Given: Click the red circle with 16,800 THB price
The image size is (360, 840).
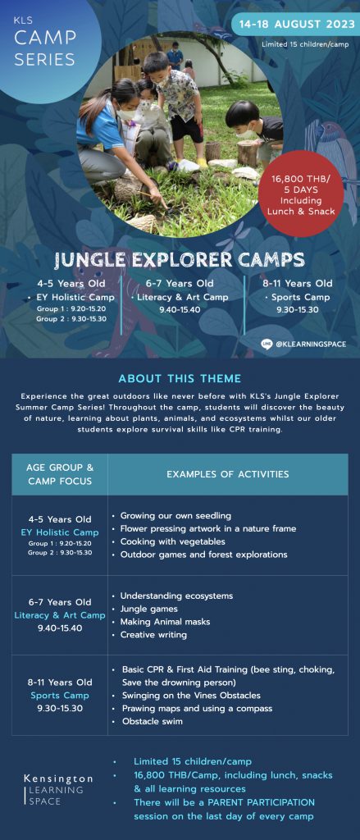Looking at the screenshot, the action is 301,194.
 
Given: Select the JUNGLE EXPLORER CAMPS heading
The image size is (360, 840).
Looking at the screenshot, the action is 180,260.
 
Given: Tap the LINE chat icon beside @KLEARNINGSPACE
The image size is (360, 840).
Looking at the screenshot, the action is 267,344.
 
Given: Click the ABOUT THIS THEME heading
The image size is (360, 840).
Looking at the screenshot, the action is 180,379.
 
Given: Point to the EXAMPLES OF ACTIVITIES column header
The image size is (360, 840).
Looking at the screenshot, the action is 228,474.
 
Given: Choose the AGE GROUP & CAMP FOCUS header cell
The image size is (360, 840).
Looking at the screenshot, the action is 60,474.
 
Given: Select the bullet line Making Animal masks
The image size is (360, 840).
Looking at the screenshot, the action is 161,622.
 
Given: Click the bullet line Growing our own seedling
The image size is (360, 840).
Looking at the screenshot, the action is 171,516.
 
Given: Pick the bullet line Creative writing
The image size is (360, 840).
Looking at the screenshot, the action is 149,635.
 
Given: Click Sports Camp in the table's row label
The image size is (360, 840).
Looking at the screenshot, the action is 60,696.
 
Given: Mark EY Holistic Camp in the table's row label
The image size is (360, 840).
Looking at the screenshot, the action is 60,532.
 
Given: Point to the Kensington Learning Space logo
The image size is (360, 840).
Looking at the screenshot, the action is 58,790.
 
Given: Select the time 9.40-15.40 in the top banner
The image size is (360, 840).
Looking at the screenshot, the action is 180,309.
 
